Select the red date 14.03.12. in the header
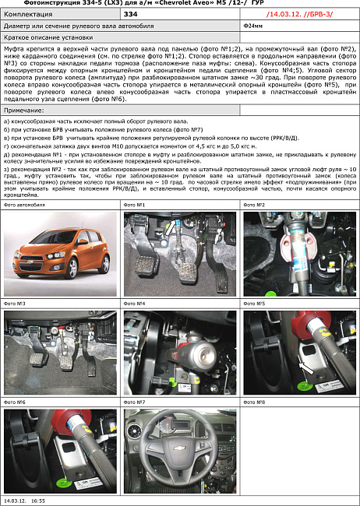pos(284,14)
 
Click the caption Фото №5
pos(255,303)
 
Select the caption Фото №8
pos(255,402)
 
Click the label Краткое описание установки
pos(43,37)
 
